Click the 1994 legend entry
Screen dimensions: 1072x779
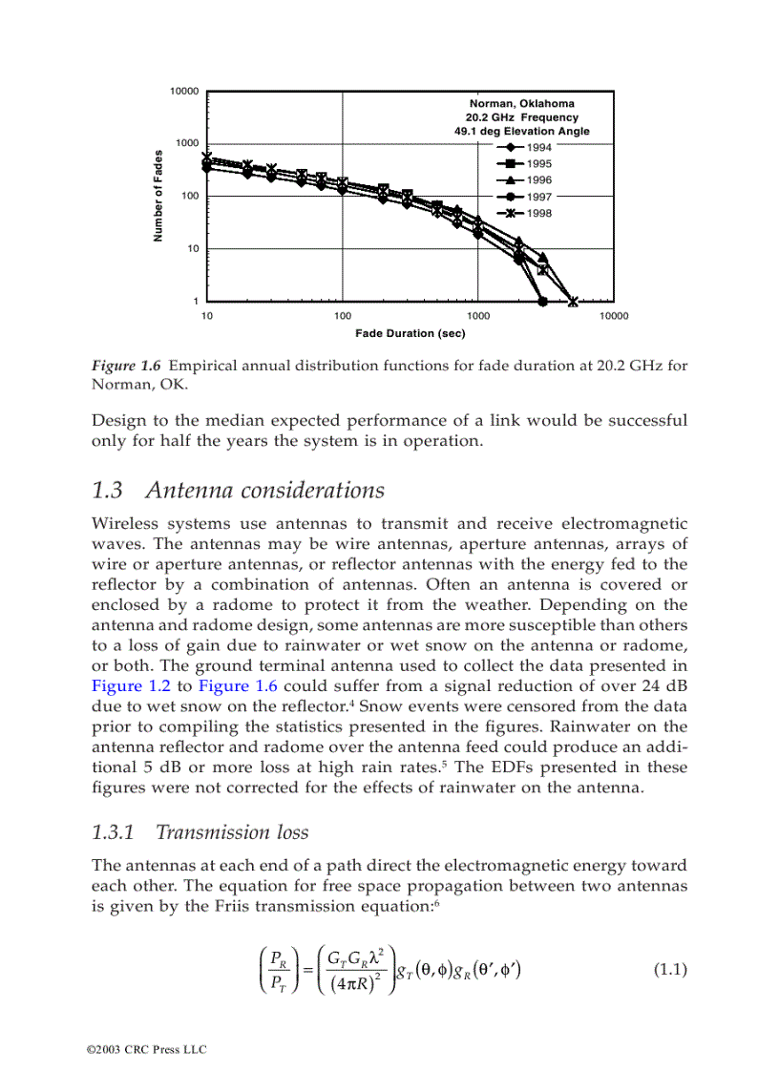click(538, 147)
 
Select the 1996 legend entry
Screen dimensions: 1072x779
click(538, 179)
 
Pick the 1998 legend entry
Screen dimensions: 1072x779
click(538, 213)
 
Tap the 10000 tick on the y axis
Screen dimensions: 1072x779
click(183, 92)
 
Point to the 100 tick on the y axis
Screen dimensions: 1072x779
click(188, 197)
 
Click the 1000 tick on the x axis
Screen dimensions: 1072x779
click(478, 316)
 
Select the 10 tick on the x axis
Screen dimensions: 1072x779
click(207, 316)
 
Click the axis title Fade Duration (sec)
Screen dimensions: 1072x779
click(411, 333)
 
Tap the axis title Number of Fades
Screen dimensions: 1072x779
click(159, 196)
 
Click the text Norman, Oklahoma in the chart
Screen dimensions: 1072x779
click(521, 103)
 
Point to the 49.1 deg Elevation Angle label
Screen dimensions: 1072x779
click(521, 131)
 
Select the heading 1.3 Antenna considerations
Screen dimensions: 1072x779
click(238, 491)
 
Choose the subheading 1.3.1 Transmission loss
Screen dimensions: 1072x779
click(200, 832)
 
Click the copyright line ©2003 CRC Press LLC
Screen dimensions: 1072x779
click(146, 1049)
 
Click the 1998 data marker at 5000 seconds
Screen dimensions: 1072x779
click(573, 302)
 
